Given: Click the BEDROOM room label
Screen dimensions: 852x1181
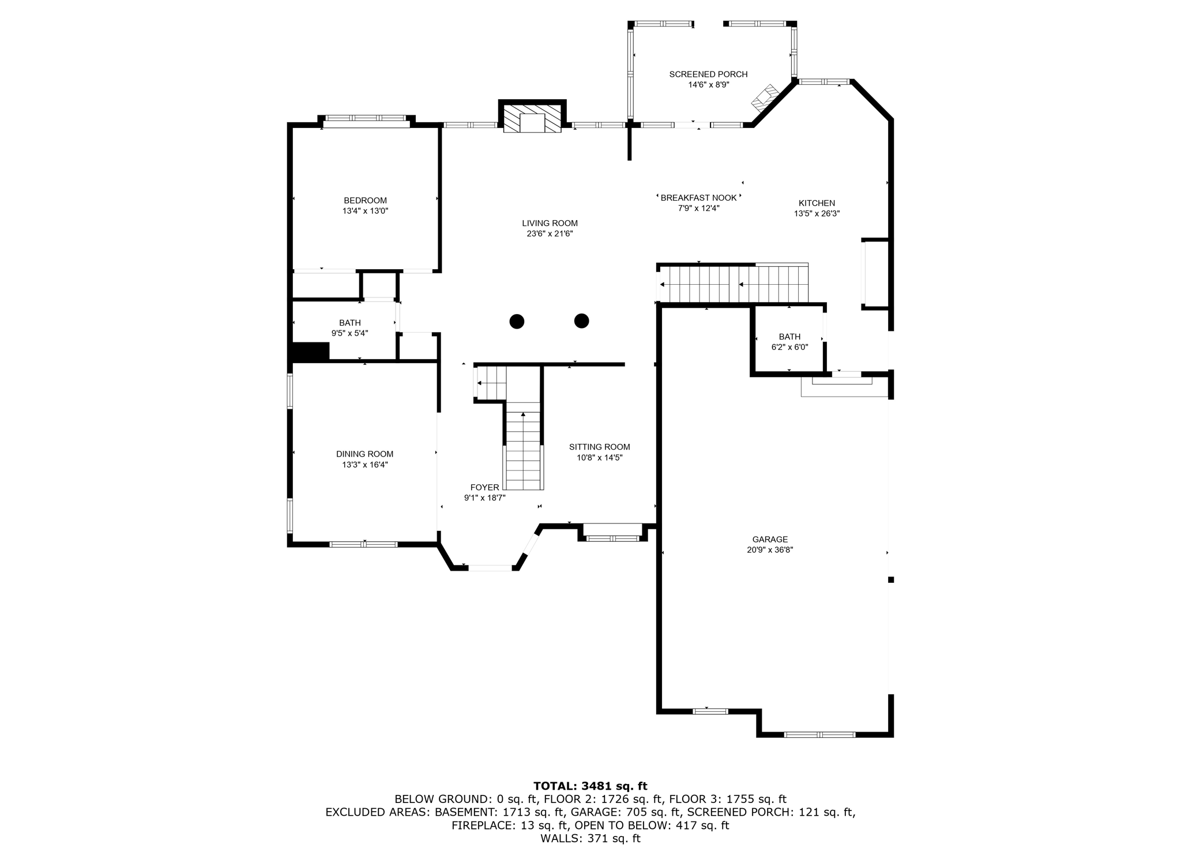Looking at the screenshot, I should pyautogui.click(x=365, y=201).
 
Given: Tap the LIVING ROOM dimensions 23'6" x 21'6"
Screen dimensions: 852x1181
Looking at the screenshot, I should pyautogui.click(x=550, y=233).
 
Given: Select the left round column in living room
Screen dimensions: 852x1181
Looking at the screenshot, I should pyautogui.click(x=517, y=321).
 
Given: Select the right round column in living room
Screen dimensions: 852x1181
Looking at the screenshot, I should pyautogui.click(x=581, y=321).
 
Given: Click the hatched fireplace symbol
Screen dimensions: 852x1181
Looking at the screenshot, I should pyautogui.click(x=532, y=118).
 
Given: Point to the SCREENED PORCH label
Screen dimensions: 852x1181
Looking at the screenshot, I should pyautogui.click(x=708, y=74).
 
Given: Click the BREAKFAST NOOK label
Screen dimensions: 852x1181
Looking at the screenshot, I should pyautogui.click(x=698, y=198).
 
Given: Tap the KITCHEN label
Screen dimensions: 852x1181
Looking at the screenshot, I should pyautogui.click(x=817, y=203).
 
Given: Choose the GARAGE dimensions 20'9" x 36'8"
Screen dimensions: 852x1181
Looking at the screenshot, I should pyautogui.click(x=770, y=550).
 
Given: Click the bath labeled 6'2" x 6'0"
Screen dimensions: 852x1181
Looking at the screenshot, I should pyautogui.click(x=789, y=342).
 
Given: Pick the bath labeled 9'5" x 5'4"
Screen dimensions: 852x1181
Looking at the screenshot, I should pyautogui.click(x=349, y=328).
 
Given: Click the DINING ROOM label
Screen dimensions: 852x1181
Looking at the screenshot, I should pyautogui.click(x=364, y=454).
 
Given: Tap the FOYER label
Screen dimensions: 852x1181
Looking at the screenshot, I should pyautogui.click(x=484, y=488).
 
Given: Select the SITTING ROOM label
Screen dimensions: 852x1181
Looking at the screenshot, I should pyautogui.click(x=599, y=447).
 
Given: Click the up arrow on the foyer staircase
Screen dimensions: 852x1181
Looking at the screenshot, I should pyautogui.click(x=523, y=414).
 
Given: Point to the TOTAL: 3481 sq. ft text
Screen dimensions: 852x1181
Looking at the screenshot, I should pyautogui.click(x=590, y=786).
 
